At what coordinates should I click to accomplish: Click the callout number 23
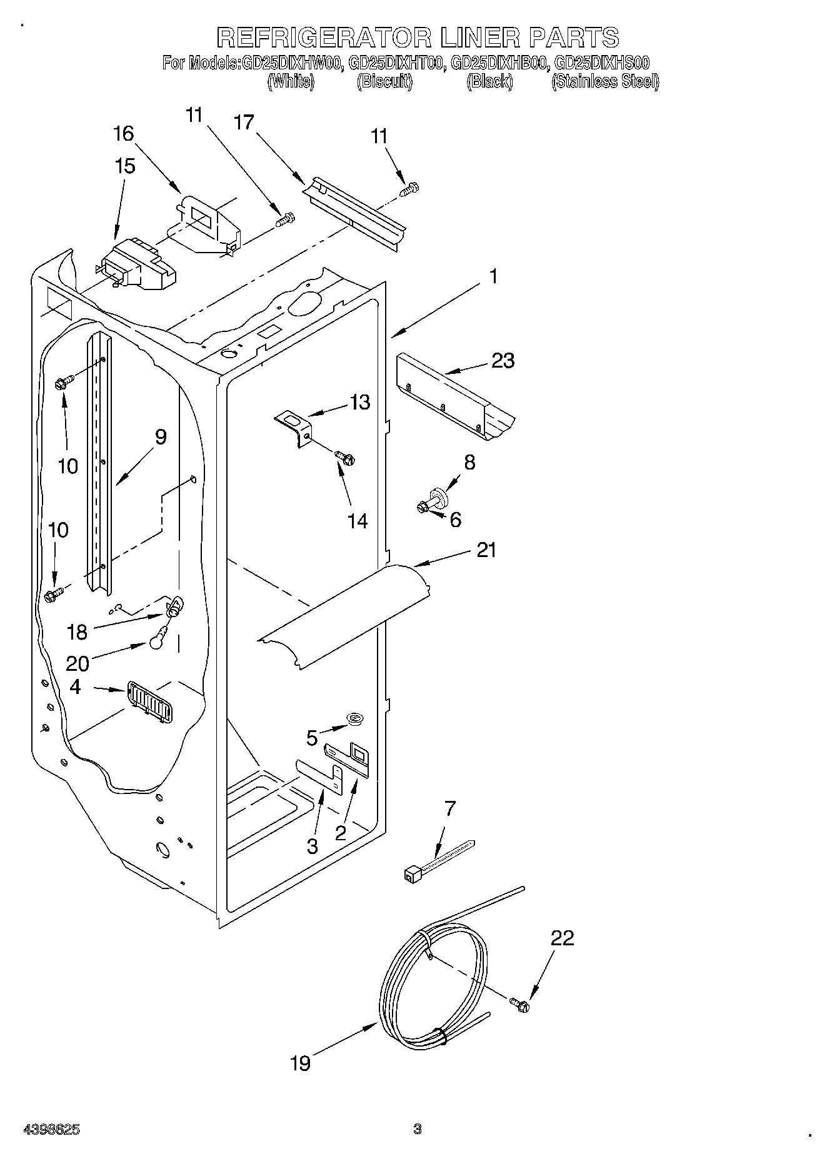point(502,361)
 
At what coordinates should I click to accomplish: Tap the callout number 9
point(160,437)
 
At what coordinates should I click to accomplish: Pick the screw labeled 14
point(344,458)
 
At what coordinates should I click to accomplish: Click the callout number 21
point(486,550)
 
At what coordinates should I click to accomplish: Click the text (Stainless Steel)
point(604,82)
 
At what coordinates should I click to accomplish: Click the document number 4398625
point(51,1130)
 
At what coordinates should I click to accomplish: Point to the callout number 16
point(123,133)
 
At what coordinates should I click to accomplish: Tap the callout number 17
point(244,123)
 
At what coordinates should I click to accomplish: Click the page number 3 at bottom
point(418,1129)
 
